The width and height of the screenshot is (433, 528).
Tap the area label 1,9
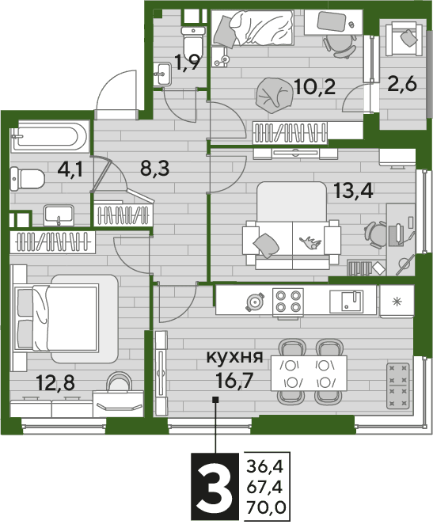tap(188, 63)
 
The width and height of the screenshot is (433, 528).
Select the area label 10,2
tap(314, 86)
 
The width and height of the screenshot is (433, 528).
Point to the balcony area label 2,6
tap(402, 84)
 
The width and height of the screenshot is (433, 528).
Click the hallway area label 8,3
tap(155, 168)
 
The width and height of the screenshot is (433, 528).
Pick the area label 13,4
tap(353, 191)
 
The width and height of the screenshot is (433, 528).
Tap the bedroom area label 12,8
tap(55, 383)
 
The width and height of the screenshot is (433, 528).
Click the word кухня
tap(234, 357)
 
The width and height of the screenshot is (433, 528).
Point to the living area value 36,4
tap(265, 467)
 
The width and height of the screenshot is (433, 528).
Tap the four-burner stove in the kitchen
tap(288, 302)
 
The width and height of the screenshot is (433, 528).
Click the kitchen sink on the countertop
tap(346, 302)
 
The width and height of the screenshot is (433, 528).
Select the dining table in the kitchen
tap(309, 373)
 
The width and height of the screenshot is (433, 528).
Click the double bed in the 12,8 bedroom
tap(65, 318)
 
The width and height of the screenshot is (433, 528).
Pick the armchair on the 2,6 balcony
tap(404, 38)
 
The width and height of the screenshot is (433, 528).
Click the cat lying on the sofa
tap(311, 242)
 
